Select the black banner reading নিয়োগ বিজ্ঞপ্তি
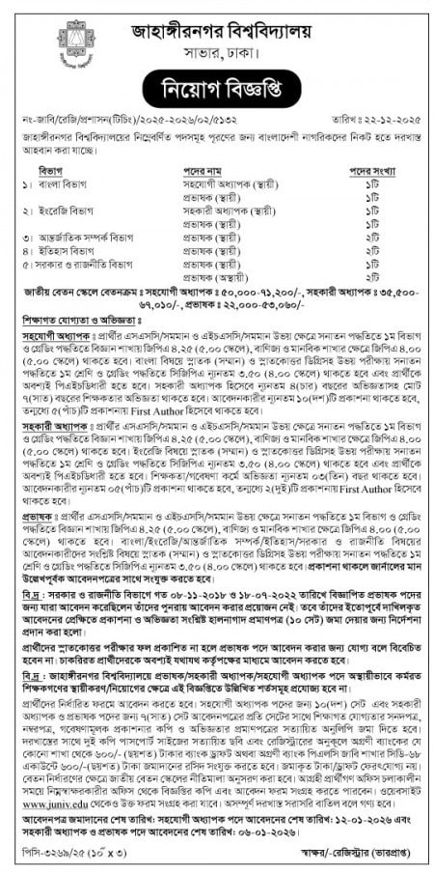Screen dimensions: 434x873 pyautogui.click(x=216, y=90)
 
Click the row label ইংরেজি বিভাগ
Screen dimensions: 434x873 pyautogui.click(x=67, y=209)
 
